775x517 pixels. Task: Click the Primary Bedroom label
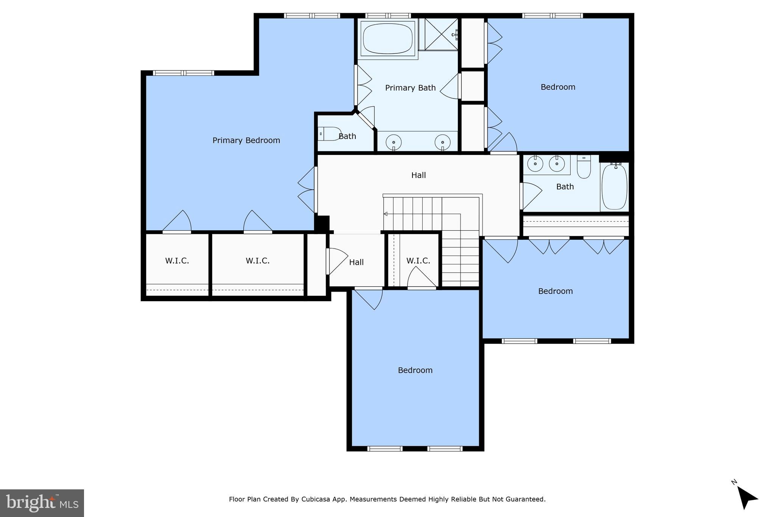pos(246,141)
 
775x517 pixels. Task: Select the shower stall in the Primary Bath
pos(441,34)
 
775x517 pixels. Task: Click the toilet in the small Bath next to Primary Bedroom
pos(329,134)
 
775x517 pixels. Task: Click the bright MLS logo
pos(42,503)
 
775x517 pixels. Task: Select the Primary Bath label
pos(410,88)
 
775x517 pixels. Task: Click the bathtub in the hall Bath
pos(614,187)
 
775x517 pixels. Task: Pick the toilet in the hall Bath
pos(584,168)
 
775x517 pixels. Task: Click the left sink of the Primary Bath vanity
pos(394,142)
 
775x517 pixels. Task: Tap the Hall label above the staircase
pos(419,175)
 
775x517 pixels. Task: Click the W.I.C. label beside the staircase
pos(418,261)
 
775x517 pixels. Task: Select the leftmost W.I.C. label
pos(177,261)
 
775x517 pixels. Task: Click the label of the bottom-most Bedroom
pos(415,370)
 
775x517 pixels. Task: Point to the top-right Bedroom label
pos(558,87)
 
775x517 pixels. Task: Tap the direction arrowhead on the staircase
pos(386,214)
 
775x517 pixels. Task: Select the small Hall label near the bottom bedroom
pos(356,262)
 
